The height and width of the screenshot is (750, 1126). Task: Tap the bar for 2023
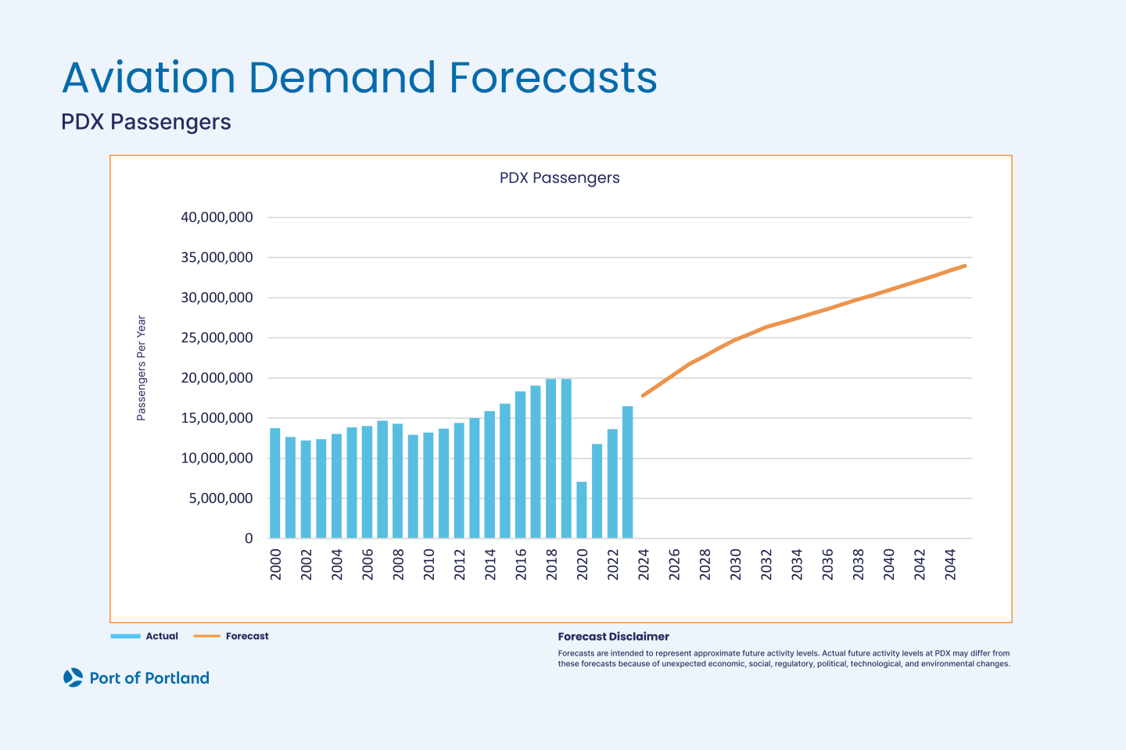(x=627, y=472)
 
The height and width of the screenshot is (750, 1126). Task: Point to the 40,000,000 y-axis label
(x=217, y=217)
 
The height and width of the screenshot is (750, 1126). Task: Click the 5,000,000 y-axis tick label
(x=221, y=498)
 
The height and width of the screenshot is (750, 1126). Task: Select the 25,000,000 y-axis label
(x=217, y=337)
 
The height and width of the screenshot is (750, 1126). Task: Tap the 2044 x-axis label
(x=951, y=564)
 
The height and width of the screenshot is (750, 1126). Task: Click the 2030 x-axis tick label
(x=736, y=564)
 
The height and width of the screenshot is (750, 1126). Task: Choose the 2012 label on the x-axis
(x=460, y=564)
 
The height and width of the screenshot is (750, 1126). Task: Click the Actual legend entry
(x=161, y=636)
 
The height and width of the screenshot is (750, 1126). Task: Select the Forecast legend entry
(x=246, y=636)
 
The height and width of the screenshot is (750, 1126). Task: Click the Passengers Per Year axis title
(x=142, y=368)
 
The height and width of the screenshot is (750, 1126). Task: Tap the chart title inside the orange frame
(x=559, y=178)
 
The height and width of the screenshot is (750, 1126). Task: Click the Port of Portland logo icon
(x=73, y=677)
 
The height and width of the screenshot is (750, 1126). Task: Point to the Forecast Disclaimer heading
(x=613, y=637)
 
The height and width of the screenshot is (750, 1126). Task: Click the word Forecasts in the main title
(x=553, y=78)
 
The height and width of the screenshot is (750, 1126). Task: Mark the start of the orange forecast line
(x=643, y=395)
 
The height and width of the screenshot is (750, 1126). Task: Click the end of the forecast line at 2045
(x=965, y=266)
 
